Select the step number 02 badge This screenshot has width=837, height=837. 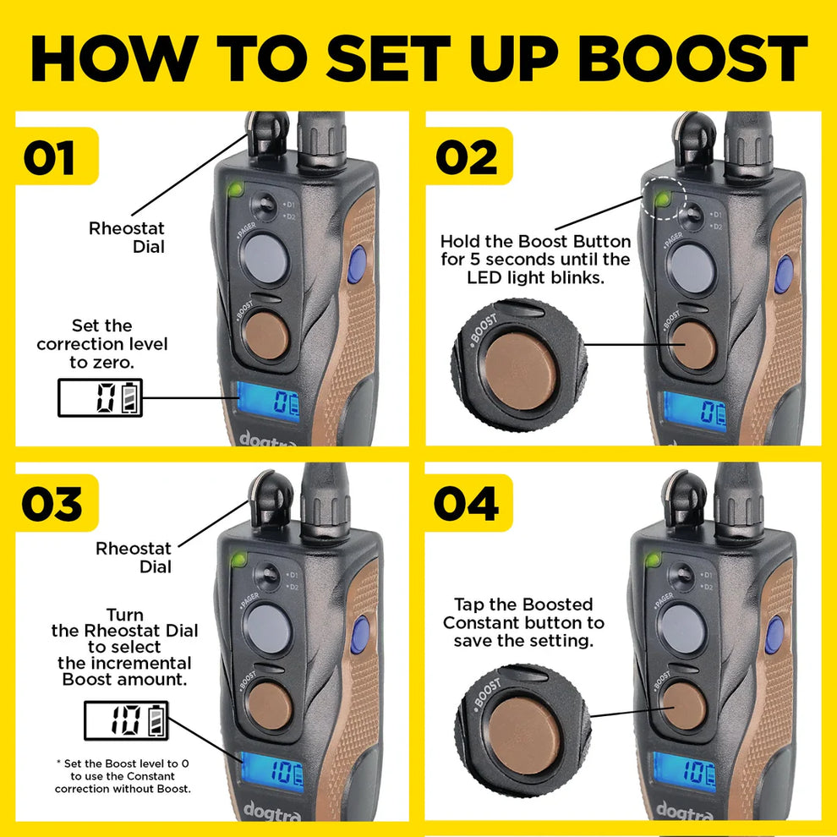[x=467, y=158]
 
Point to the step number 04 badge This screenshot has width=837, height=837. [x=466, y=504]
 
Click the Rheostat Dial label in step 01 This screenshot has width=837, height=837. [x=127, y=237]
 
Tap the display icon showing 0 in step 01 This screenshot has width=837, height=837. [x=100, y=397]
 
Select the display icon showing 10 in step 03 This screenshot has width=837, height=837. [x=125, y=720]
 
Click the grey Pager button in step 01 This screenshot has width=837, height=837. [x=265, y=257]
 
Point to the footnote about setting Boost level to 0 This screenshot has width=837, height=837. [x=122, y=776]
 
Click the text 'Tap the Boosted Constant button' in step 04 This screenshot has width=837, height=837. [x=529, y=622]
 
